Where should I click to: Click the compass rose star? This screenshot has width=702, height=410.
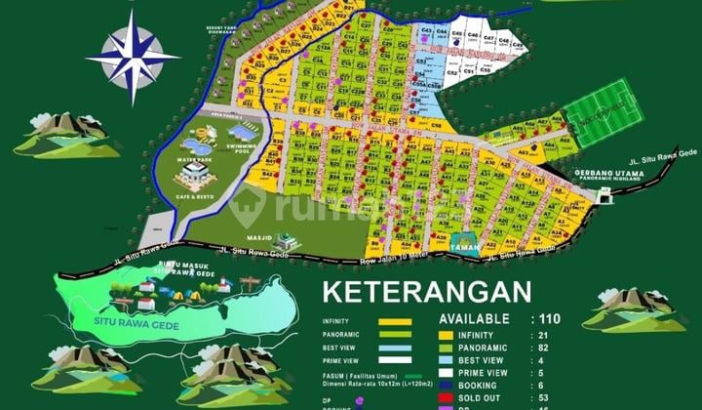click(x=133, y=57)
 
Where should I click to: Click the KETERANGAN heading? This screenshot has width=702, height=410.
click(x=427, y=291)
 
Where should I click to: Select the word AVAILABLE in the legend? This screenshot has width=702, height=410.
click(x=474, y=318)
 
